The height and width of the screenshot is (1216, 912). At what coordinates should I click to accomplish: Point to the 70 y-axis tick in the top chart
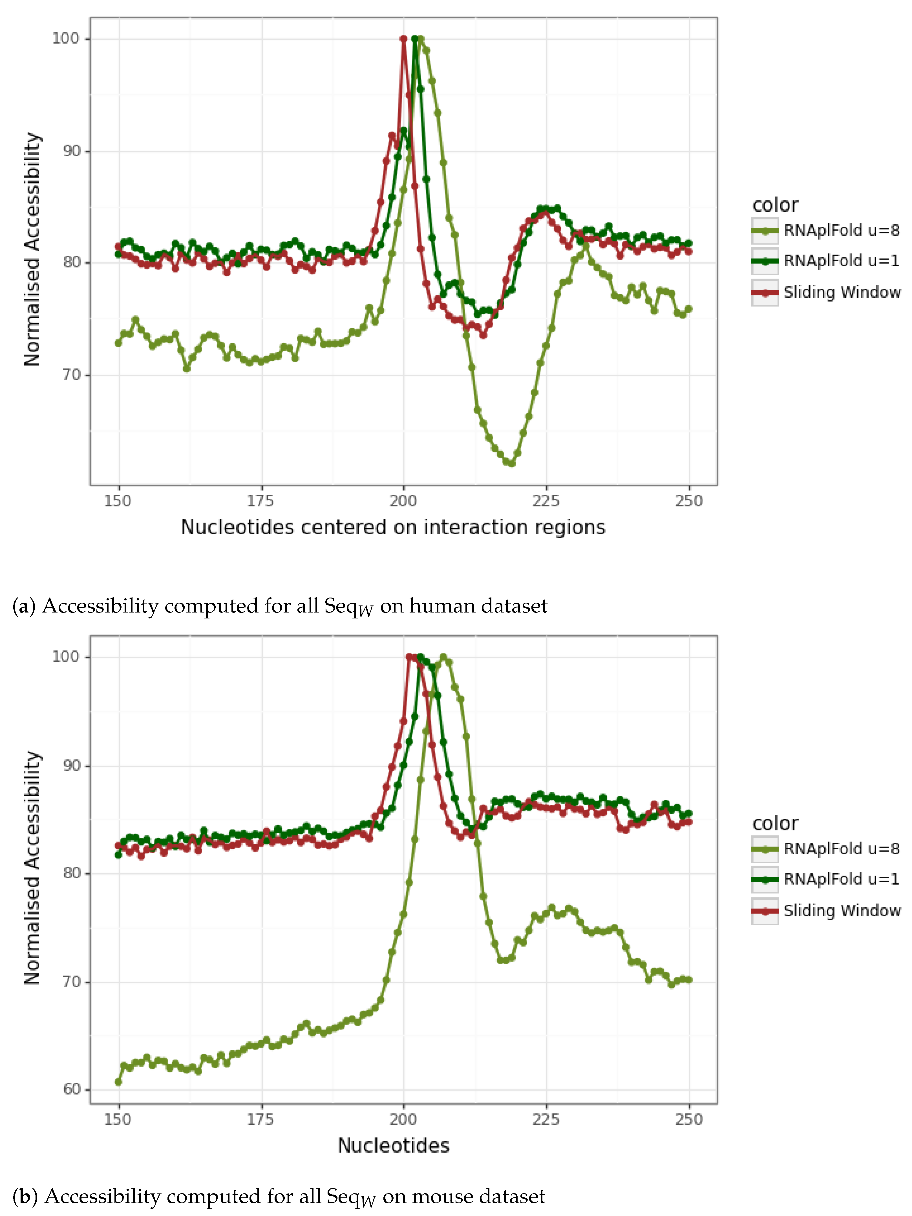71,375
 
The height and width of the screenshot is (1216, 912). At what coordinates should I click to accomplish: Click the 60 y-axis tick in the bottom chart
71,1089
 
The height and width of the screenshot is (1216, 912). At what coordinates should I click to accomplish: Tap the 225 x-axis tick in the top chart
546,501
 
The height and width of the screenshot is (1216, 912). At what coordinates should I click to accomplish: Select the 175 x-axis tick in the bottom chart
260,1119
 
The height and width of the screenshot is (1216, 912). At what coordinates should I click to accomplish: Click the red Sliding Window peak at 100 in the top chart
403,39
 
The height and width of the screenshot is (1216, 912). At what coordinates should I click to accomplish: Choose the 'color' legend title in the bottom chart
775,823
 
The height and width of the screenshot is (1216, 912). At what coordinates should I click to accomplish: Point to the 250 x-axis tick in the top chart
689,501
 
